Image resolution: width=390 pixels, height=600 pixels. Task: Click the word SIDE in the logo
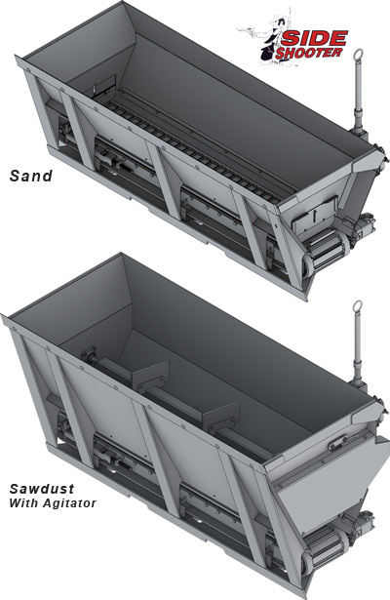315,39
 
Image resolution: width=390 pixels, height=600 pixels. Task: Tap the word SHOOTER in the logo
308,53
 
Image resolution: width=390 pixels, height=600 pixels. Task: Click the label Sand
30,176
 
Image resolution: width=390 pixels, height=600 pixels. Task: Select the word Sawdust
42,489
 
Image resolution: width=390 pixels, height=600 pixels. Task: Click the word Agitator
69,502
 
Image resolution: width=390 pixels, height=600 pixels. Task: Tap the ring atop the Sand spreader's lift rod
358,55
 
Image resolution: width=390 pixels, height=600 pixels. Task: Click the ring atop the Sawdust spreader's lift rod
358,306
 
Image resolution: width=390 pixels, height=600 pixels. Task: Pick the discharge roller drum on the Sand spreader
328,245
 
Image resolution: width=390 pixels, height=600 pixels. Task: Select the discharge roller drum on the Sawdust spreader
327,542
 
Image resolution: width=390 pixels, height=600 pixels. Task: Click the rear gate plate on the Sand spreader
316,215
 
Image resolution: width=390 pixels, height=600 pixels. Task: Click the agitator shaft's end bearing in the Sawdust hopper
89,354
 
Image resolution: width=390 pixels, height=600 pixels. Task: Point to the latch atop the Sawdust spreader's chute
338,442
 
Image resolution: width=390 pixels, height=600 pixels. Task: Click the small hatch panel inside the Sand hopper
104,85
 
